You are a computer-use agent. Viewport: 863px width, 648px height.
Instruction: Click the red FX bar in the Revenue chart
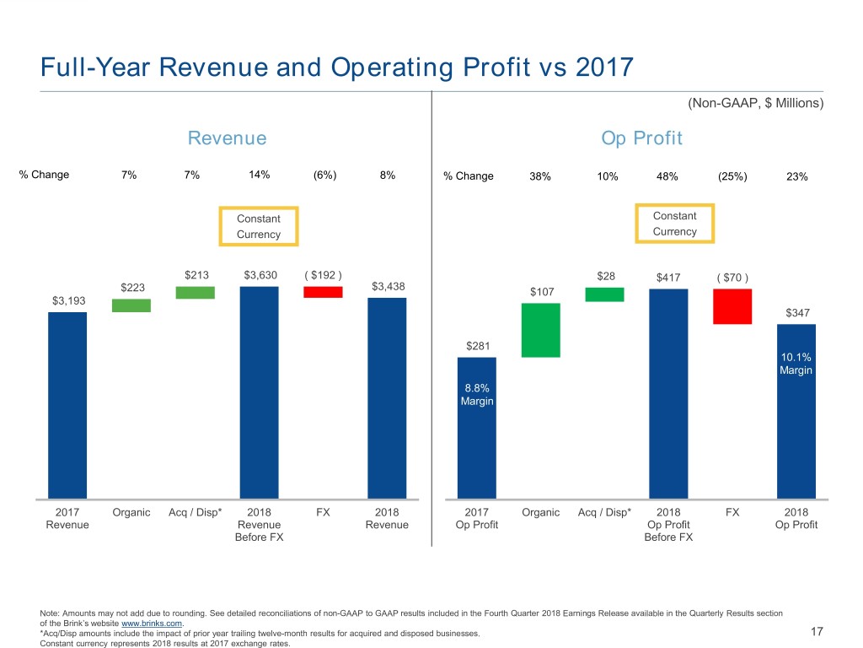point(323,292)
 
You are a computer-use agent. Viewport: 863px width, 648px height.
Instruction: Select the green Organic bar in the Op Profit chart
point(541,330)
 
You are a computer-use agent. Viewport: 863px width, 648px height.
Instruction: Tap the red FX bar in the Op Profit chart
point(732,306)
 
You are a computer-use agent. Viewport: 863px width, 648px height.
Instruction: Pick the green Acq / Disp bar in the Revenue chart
point(195,292)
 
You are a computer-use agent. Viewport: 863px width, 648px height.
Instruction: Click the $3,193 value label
point(68,301)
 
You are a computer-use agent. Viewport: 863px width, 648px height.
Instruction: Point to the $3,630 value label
point(260,274)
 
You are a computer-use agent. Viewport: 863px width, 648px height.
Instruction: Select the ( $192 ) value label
point(322,274)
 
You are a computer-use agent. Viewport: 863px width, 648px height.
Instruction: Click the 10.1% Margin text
point(796,364)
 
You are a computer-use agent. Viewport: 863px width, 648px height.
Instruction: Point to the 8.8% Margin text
point(477,394)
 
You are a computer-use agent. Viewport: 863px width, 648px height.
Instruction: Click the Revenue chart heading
point(227,138)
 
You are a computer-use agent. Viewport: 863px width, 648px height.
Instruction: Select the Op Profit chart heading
point(641,138)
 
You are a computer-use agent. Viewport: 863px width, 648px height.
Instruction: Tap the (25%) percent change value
point(731,176)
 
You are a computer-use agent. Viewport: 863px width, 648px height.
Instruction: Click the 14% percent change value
point(259,175)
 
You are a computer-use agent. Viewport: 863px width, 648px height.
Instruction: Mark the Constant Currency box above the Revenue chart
point(259,226)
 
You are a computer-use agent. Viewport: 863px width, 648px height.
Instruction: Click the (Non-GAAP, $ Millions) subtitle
point(755,103)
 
